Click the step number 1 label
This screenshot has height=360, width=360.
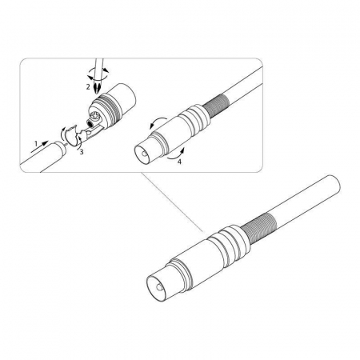(36, 144)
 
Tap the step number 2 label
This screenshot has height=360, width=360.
(88, 86)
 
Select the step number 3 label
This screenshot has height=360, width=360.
(82, 152)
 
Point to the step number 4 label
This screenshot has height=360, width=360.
(179, 162)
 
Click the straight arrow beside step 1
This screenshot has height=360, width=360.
(39, 146)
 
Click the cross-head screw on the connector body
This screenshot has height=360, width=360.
(94, 116)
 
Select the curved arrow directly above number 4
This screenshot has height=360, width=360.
(175, 155)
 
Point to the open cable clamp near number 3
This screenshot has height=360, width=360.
(71, 135)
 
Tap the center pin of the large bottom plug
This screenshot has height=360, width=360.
(159, 287)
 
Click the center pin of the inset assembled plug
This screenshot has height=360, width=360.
(144, 154)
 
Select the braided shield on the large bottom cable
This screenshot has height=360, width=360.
(258, 227)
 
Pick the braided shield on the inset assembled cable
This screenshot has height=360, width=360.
(214, 106)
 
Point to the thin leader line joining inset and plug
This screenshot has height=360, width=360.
(172, 202)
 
